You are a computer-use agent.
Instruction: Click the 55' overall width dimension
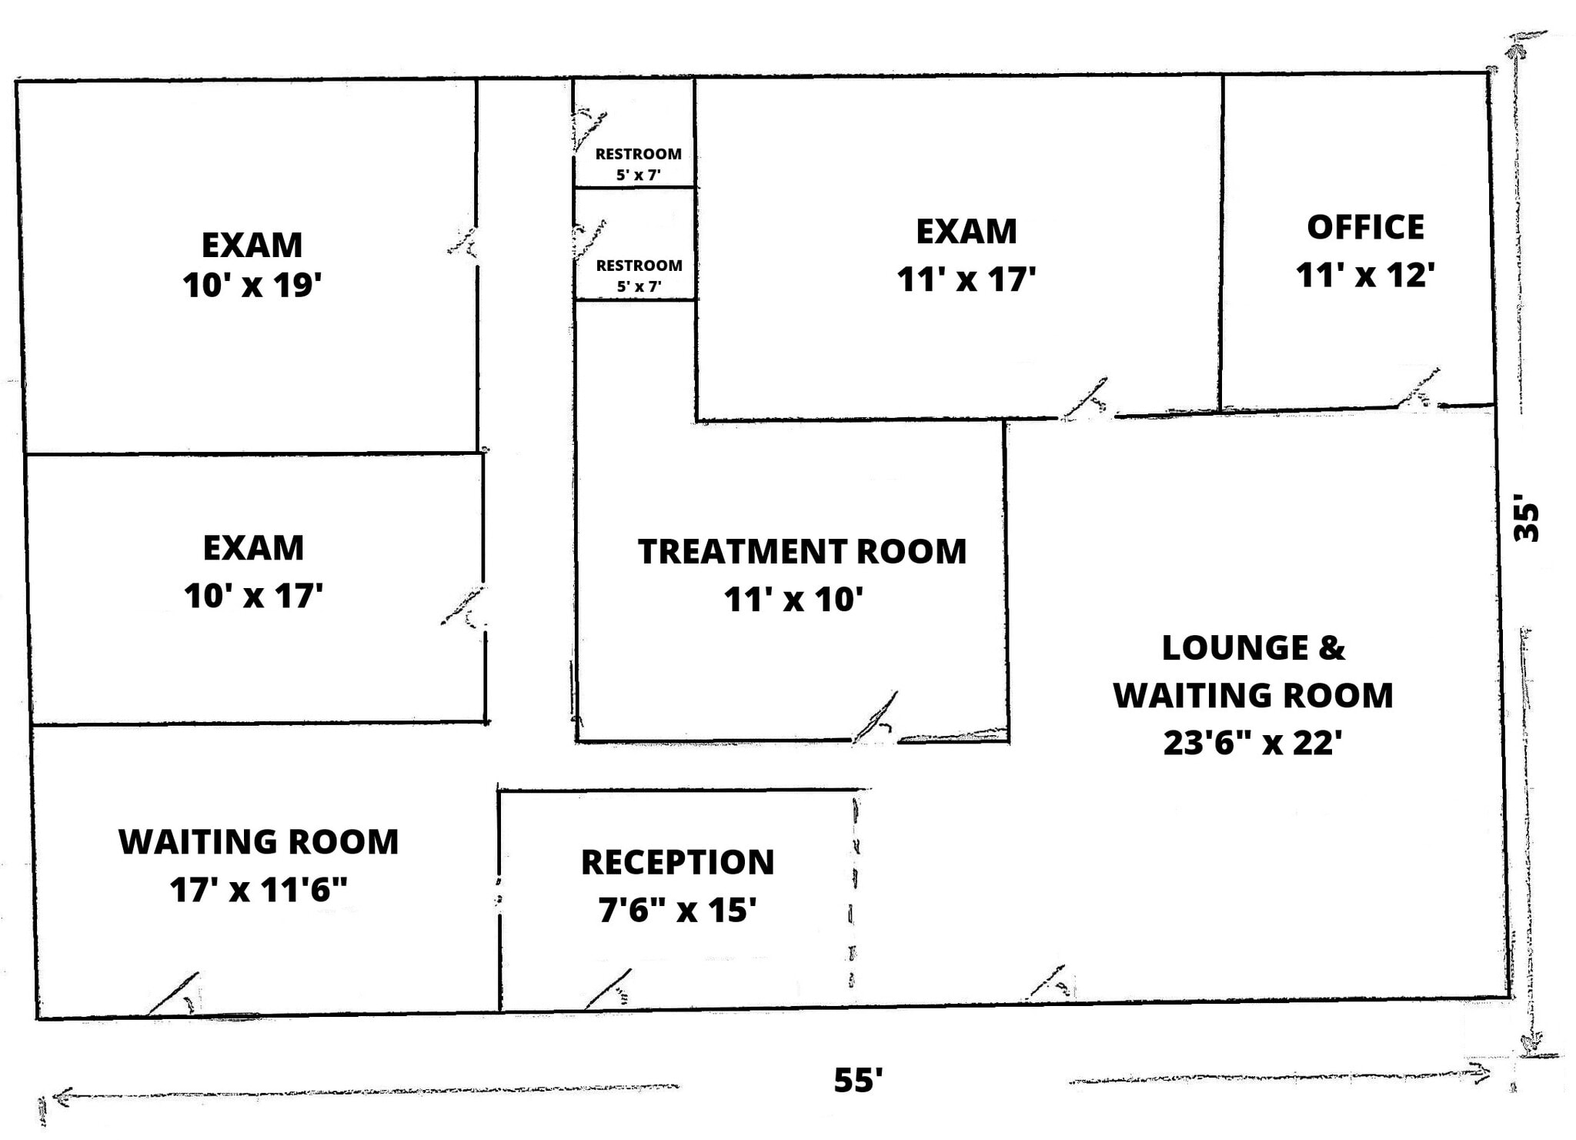858,1080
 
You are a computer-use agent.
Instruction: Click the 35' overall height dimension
1526,523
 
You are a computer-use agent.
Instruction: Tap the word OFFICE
1365,227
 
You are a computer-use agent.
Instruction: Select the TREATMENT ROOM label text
802,551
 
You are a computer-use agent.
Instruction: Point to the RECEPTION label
677,862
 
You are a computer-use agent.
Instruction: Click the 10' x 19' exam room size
252,285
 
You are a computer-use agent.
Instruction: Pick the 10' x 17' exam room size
253,595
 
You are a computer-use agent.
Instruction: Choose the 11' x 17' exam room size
966,279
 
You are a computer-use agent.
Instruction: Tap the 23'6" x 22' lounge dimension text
1252,743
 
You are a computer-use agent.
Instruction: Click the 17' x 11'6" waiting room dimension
258,890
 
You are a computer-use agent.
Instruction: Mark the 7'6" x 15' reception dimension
677,910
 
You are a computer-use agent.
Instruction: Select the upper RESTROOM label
638,154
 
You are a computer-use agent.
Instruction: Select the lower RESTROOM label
639,266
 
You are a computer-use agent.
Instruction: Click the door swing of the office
1420,390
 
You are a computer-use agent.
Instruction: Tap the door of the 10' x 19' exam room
464,242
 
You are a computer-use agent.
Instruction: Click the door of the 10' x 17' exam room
464,607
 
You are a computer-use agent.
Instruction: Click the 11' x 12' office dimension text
1365,275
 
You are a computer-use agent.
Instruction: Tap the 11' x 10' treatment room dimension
793,599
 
